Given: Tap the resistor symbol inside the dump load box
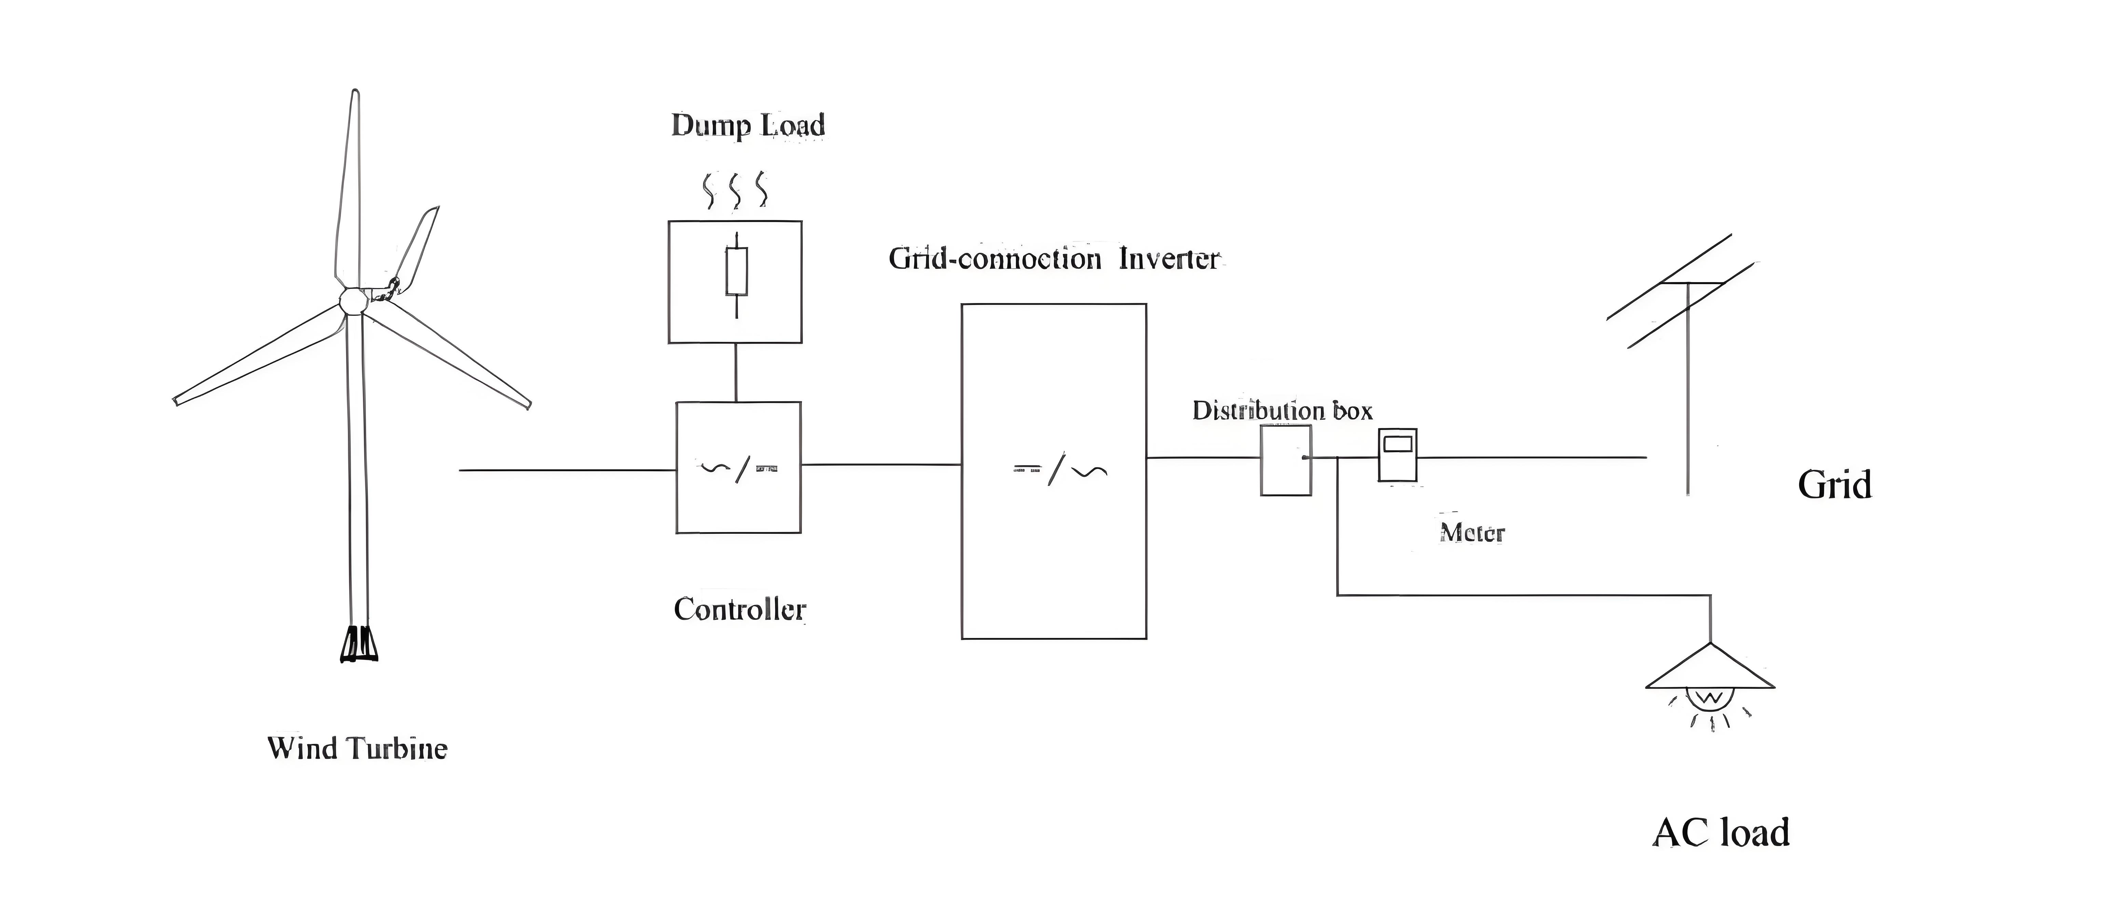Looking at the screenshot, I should click(x=736, y=272).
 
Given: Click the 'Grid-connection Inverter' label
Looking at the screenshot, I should click(x=1053, y=259).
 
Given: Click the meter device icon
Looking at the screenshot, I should click(x=1397, y=455).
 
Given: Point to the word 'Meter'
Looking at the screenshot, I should click(x=1472, y=533).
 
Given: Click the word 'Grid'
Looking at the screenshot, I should click(x=1834, y=485).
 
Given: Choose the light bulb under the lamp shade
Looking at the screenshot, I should click(x=1710, y=699).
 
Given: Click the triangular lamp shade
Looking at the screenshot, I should click(x=1710, y=669).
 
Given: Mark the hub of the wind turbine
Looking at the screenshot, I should click(x=353, y=301).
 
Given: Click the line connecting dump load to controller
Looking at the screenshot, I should click(x=736, y=372).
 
